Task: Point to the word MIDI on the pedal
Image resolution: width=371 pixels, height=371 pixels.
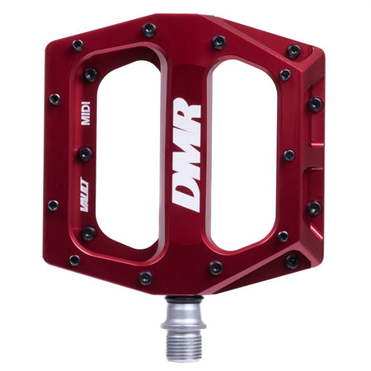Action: (x=85, y=114)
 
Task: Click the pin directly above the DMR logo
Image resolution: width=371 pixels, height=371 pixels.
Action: (x=219, y=41)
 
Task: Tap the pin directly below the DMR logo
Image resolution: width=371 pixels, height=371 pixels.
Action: (x=216, y=268)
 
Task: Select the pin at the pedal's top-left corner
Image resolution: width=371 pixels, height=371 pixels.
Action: (x=77, y=45)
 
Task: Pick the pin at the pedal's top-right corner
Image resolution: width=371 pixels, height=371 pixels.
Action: (x=294, y=51)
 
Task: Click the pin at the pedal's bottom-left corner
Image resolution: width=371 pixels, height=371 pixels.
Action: (x=74, y=260)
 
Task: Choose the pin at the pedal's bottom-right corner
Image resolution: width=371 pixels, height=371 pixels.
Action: (x=292, y=261)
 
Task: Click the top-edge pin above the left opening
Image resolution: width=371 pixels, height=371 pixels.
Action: (x=149, y=30)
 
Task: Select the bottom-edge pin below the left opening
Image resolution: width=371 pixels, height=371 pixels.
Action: (x=145, y=278)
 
